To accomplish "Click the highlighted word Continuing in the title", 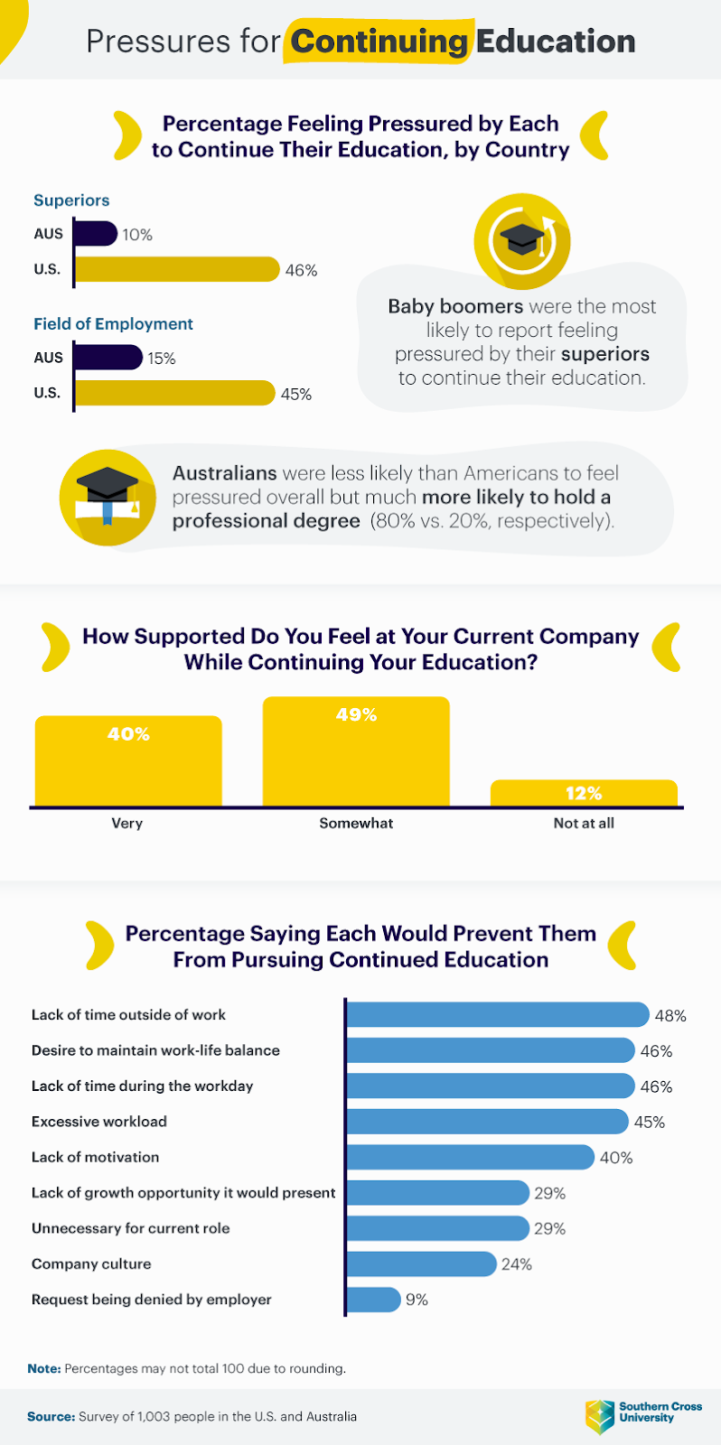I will click(379, 42).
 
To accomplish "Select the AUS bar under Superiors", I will click(95, 234).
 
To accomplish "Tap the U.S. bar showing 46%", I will click(176, 269).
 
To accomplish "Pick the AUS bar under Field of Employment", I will click(108, 358).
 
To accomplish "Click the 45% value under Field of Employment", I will click(296, 395).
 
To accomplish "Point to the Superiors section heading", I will click(71, 200).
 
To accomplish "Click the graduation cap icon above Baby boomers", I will click(522, 240).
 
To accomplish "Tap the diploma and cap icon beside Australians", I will click(108, 498).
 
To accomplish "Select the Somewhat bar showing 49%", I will click(356, 751).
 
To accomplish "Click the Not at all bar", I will click(584, 793).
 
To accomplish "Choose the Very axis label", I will click(127, 824).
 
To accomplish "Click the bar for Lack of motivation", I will click(470, 1157).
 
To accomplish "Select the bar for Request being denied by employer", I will click(373, 1300).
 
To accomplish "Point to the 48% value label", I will click(670, 1016).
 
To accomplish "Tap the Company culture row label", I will click(91, 1264).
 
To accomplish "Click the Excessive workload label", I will click(99, 1122).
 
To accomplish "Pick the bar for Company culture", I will click(421, 1263).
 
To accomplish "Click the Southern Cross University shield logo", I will click(599, 1416).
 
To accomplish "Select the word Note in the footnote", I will click(43, 1369).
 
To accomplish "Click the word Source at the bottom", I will click(51, 1417).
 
